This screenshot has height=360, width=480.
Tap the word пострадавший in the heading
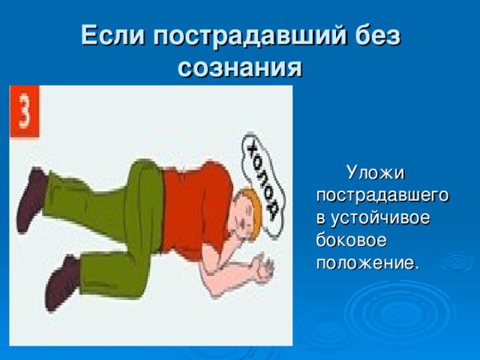250,37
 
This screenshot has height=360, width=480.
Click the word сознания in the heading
240,67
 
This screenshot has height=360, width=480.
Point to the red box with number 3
25,111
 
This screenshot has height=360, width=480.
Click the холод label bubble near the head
263,184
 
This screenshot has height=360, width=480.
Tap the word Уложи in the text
376,173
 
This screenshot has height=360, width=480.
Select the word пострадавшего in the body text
382,196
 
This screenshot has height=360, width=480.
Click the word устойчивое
380,218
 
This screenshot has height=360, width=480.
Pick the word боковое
351,240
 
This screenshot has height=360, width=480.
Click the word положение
367,263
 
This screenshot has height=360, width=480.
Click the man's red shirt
196,208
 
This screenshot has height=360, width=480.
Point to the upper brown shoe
31,199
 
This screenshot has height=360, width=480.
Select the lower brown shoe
61,282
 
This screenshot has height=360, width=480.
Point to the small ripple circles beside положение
457,262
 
